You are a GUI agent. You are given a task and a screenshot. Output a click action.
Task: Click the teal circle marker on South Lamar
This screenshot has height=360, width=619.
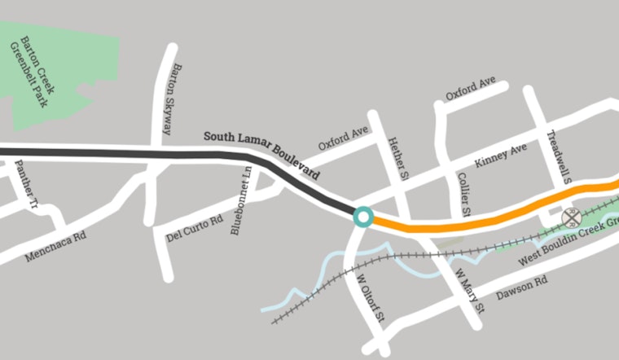pos(363,217)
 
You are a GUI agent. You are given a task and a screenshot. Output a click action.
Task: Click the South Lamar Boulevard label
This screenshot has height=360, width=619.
pos(261,154)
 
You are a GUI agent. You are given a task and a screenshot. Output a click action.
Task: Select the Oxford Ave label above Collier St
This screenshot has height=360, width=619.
pos(470,90)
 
